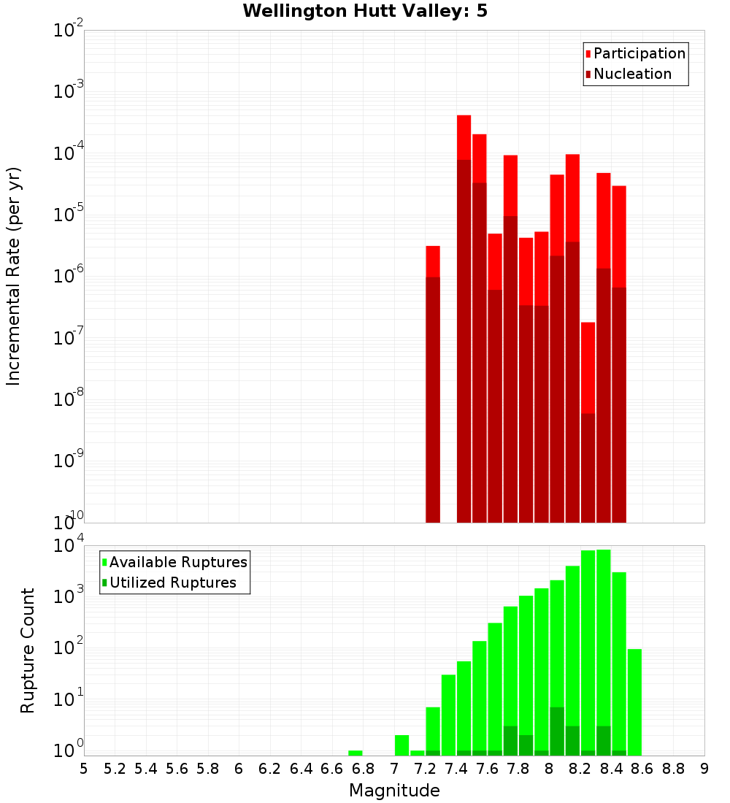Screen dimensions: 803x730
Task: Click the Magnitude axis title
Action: click(x=394, y=791)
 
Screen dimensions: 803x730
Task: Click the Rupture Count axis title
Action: click(x=28, y=650)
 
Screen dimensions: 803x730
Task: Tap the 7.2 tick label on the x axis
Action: click(x=425, y=769)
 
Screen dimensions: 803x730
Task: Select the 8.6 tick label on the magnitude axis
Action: click(x=642, y=769)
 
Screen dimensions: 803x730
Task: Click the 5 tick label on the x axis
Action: click(x=84, y=769)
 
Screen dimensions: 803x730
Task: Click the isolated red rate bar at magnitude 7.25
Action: click(x=433, y=380)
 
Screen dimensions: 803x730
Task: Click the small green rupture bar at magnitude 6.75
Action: click(x=356, y=753)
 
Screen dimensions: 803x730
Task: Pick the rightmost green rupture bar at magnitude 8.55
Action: click(x=634, y=701)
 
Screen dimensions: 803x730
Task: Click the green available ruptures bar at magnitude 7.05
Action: click(x=401, y=745)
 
